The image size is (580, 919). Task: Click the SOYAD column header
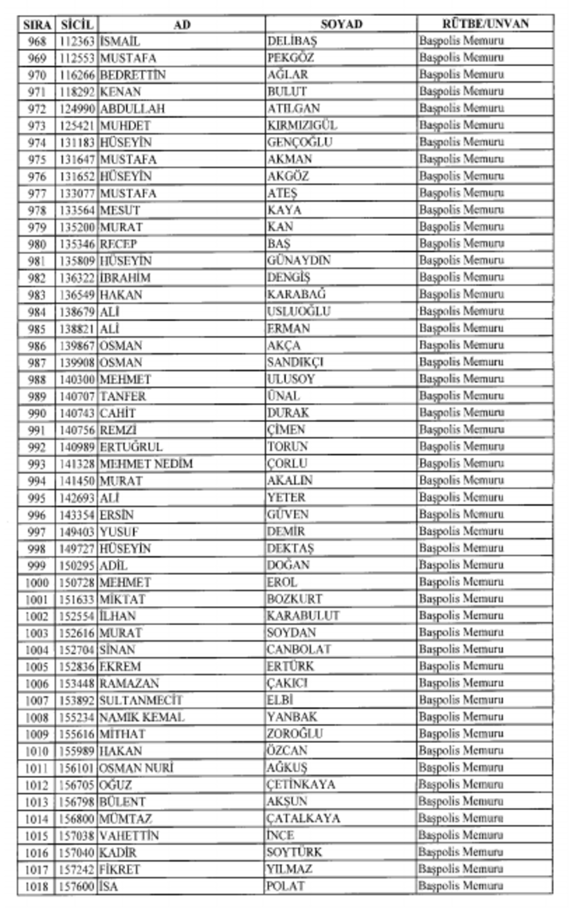[341, 24]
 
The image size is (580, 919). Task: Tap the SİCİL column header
[76, 24]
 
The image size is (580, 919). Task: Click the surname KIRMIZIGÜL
[302, 126]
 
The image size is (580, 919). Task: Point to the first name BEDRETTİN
[133, 75]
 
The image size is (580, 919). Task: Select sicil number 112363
[76, 41]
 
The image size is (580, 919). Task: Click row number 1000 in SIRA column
[37, 582]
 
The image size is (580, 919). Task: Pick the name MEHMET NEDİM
[147, 463]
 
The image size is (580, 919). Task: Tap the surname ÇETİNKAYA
[301, 784]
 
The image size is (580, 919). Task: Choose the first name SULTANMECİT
[141, 700]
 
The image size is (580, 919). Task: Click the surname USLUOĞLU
[299, 311]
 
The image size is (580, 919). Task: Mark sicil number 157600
[76, 886]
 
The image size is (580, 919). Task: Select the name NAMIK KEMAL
[143, 717]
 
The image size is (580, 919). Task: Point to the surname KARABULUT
[303, 616]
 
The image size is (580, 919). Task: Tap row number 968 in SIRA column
[37, 41]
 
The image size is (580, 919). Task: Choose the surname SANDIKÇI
[296, 362]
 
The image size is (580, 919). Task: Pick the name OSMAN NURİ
[137, 768]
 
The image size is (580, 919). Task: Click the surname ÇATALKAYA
[304, 818]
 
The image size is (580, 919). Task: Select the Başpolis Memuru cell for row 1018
[462, 886]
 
